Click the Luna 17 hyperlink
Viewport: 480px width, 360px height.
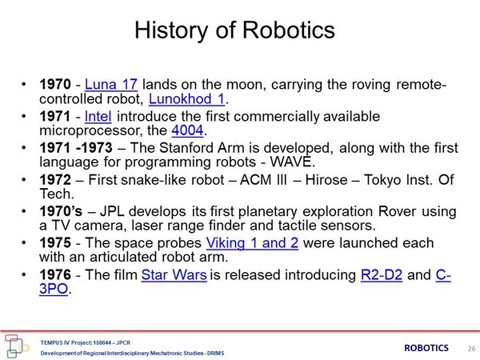pos(111,84)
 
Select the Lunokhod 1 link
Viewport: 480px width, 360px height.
pos(186,98)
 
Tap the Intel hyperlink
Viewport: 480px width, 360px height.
pos(98,116)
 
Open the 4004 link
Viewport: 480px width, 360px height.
pos(187,130)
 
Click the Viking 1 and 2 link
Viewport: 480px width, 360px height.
pos(252,243)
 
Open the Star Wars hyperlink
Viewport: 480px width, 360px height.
pos(174,274)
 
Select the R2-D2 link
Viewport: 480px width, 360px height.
pos(381,274)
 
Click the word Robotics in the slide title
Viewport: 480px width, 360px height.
pos(289,30)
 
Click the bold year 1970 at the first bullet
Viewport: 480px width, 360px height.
pos(55,84)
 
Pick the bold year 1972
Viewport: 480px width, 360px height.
pos(55,180)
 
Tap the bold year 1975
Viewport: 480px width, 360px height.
pos(55,243)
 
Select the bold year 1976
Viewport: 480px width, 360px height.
pos(55,274)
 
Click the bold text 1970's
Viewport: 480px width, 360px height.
pos(61,211)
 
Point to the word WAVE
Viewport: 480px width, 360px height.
pos(291,162)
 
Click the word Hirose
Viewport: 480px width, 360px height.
pos(326,180)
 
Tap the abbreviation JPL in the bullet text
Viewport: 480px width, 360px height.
pos(112,211)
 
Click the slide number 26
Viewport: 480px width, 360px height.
pos(471,348)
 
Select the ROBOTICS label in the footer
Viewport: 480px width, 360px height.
pos(426,348)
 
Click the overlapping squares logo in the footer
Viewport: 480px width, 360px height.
pos(16,346)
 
